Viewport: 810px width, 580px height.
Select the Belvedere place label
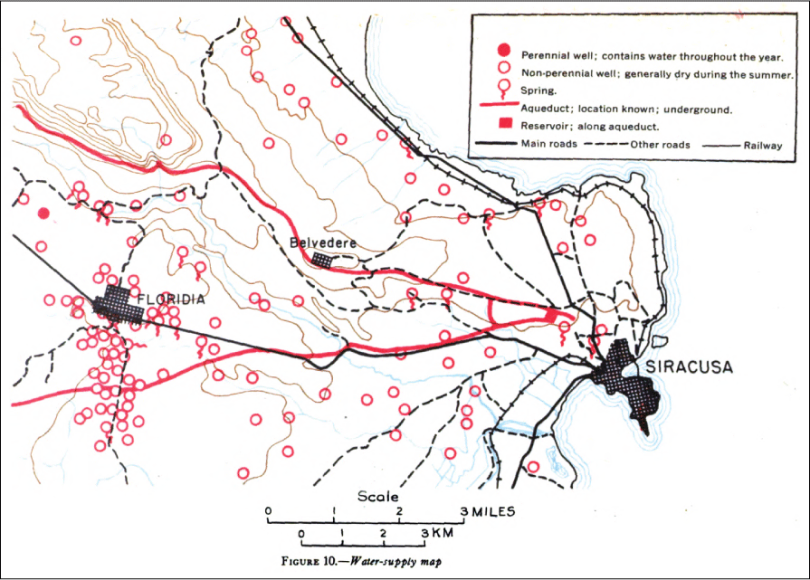tap(322, 242)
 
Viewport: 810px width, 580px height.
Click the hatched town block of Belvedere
tap(322, 259)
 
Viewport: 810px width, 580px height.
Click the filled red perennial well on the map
tap(43, 214)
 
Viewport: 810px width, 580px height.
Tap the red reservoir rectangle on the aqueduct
tap(551, 315)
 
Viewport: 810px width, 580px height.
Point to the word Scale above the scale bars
tap(377, 496)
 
